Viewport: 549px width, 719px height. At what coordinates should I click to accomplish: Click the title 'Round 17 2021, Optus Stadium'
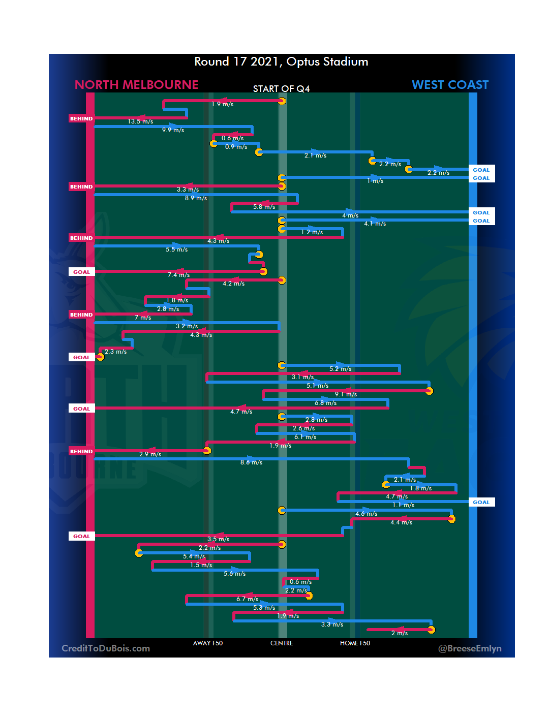pos(281,62)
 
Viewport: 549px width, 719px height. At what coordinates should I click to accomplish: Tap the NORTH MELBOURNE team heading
pos(136,85)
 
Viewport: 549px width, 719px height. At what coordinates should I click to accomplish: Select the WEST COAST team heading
pos(450,85)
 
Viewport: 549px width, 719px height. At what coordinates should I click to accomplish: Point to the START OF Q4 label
pos(281,89)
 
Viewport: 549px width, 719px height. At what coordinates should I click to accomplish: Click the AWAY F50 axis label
pos(207,643)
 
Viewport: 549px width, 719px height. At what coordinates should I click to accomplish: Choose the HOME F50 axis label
pos(355,643)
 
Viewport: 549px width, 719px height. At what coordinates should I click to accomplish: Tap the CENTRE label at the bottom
pos(282,643)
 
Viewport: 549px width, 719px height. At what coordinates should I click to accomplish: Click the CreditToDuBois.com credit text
pos(106,648)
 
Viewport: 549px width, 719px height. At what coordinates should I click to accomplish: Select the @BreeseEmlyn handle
pos(470,648)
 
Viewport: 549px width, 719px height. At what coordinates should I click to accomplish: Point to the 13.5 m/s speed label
pos(140,121)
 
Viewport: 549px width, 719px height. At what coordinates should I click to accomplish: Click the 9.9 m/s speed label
pos(173,130)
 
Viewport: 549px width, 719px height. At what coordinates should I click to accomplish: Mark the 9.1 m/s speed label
pos(346,394)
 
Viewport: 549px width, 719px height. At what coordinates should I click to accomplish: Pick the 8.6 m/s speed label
pos(251,462)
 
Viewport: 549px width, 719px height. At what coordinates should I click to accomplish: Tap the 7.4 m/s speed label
pos(178,275)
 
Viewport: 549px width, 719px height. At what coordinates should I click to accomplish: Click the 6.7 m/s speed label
pos(247,599)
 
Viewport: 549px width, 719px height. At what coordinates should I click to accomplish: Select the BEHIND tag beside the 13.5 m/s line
pos(81,119)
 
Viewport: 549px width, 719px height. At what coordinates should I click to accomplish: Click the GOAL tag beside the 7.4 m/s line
pos(81,272)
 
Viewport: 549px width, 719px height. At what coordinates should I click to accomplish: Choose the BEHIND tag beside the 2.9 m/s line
pos(81,452)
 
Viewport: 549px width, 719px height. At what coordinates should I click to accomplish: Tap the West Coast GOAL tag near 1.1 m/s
pos(481,503)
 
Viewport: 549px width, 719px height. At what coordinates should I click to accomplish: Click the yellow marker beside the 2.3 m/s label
pos(100,357)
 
